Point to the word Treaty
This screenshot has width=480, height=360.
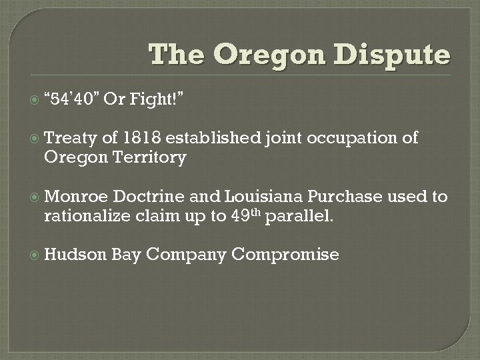tap(70, 138)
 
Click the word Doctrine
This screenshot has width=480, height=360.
tap(149, 197)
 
